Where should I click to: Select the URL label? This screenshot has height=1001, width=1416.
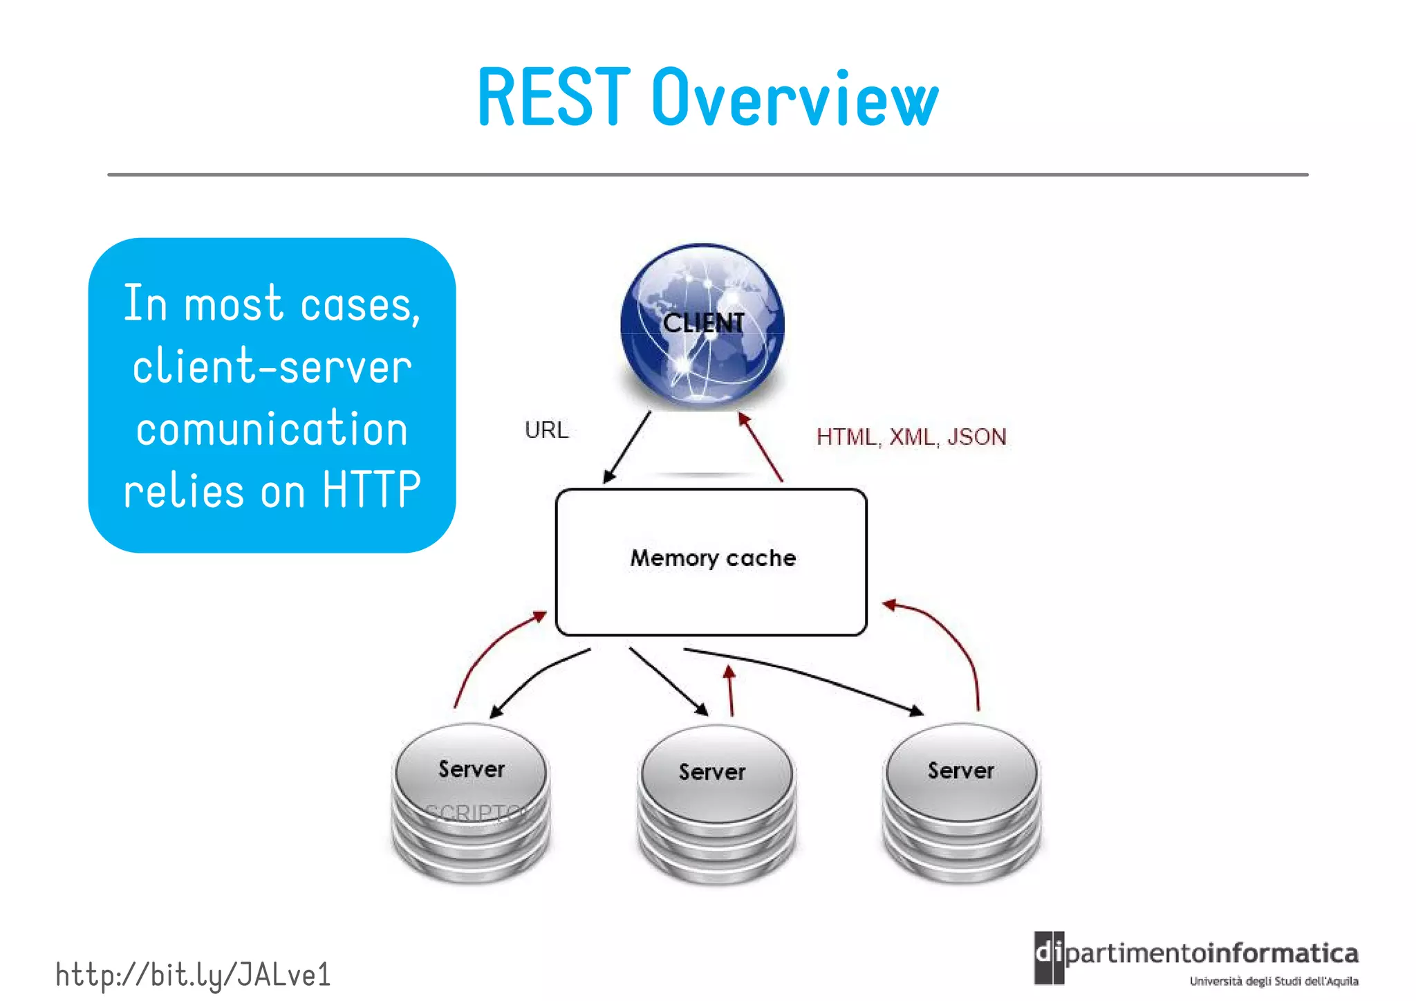(x=546, y=430)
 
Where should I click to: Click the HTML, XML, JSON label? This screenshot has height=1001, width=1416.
(x=911, y=437)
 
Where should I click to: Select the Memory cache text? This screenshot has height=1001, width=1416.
(x=713, y=558)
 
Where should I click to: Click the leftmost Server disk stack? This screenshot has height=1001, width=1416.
(x=471, y=802)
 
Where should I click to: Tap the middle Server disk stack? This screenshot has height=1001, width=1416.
(x=716, y=805)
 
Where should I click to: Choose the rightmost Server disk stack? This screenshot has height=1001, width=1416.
(x=961, y=802)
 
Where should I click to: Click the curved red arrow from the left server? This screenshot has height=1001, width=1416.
(x=484, y=650)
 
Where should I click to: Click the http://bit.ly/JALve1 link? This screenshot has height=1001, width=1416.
(x=193, y=975)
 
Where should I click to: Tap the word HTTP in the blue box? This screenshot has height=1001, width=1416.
(x=371, y=490)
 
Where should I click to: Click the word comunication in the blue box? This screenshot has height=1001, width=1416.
(x=272, y=428)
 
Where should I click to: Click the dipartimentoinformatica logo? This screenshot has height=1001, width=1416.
(x=1196, y=955)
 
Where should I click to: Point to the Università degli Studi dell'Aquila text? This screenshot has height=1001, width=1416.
(x=1274, y=981)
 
